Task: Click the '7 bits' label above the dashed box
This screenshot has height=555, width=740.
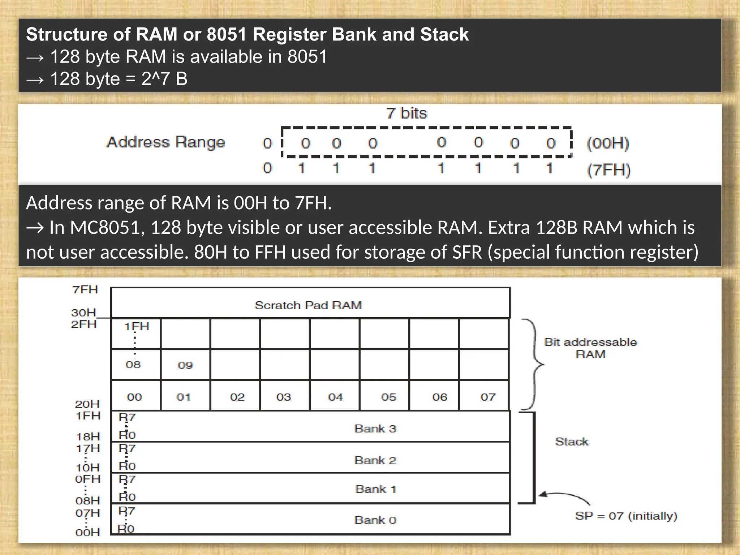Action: (406, 113)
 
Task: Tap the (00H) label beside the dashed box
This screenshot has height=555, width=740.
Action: (608, 143)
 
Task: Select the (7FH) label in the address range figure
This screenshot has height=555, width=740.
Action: (609, 170)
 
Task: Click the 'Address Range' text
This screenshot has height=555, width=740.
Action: (165, 142)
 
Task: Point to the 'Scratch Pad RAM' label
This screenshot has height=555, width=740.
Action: (308, 305)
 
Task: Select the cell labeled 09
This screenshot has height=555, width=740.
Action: (185, 365)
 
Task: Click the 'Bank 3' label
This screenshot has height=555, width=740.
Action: (375, 429)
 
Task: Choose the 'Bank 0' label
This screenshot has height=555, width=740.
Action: (375, 520)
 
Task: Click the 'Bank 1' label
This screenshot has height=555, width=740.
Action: (376, 489)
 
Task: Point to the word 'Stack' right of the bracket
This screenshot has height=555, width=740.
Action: (572, 442)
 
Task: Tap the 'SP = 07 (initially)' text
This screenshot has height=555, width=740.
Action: (626, 516)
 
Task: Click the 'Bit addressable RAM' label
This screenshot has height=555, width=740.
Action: (590, 348)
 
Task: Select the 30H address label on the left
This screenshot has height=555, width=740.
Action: (83, 312)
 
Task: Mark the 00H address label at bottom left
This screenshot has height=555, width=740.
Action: (87, 532)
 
